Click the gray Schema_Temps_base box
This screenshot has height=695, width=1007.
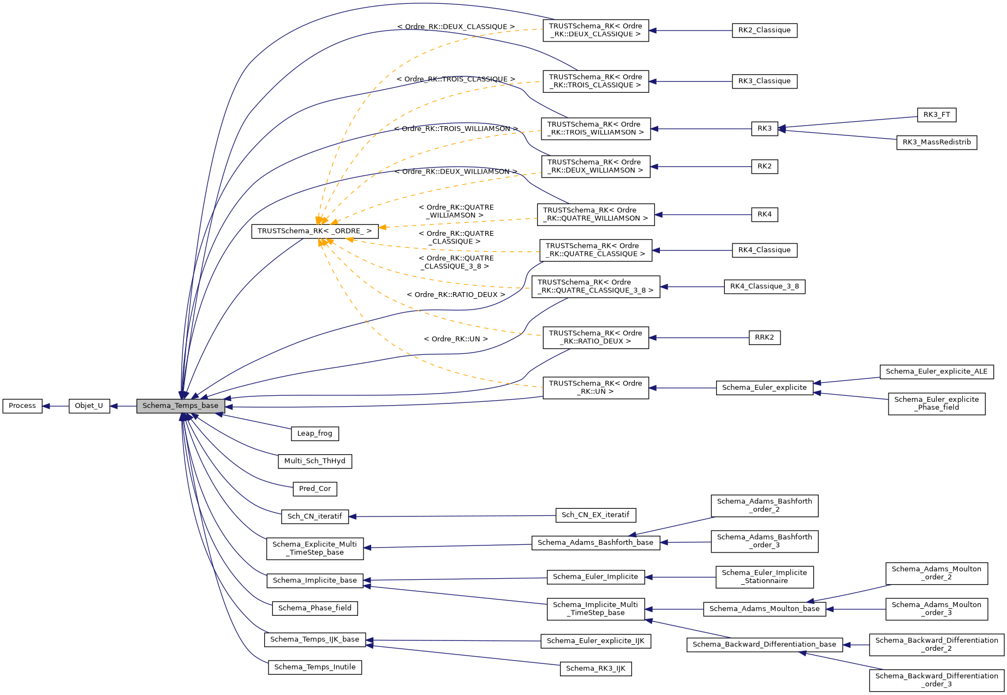tap(180, 406)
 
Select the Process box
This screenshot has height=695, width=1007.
tap(22, 406)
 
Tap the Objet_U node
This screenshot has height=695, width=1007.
tap(89, 406)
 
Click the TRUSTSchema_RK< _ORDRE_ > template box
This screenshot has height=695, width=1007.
tap(314, 231)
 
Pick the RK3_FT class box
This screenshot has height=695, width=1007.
tap(937, 115)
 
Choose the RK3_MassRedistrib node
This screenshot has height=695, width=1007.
tap(937, 142)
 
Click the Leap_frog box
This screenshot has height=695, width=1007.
tap(314, 433)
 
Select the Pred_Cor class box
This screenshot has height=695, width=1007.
tap(314, 489)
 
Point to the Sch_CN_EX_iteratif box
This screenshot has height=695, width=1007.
tap(595, 515)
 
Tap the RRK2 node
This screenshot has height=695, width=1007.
tap(764, 337)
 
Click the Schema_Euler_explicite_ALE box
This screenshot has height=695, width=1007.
tap(936, 372)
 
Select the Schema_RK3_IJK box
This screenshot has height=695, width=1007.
tap(595, 668)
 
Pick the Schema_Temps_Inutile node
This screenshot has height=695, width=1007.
tap(314, 667)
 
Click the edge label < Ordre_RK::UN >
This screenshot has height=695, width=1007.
tap(456, 339)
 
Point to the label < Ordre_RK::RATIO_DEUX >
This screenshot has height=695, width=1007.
tap(456, 295)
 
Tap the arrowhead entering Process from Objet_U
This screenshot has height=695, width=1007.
tap(46, 406)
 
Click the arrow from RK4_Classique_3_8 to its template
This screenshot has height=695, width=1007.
tap(692, 287)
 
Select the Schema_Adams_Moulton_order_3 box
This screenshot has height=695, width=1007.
tap(936, 609)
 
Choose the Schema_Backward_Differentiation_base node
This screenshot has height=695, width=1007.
tap(764, 645)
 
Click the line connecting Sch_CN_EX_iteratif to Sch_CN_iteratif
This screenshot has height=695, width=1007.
tap(453, 516)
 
